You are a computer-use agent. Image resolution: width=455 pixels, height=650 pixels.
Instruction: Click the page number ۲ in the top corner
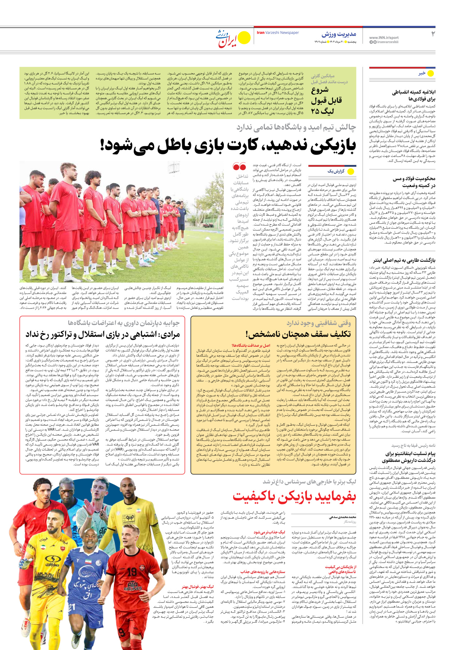pyautogui.click(x=432, y=34)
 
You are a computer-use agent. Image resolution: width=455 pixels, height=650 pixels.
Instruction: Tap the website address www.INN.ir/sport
pyautogui.click(x=384, y=38)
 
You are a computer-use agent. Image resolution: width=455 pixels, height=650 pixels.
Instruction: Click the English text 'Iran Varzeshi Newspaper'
pyautogui.click(x=278, y=33)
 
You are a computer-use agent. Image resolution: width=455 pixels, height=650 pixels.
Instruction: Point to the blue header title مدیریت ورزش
pyautogui.click(x=339, y=35)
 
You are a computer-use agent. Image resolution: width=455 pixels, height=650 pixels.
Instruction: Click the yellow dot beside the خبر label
pyautogui.click(x=431, y=73)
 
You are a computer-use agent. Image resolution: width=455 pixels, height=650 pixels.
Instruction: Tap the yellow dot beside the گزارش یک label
pyautogui.click(x=351, y=171)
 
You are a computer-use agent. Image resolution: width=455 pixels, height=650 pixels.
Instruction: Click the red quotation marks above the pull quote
pyautogui.click(x=240, y=167)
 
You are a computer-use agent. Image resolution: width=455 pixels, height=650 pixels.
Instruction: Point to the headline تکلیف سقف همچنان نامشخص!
pyautogui.click(x=298, y=334)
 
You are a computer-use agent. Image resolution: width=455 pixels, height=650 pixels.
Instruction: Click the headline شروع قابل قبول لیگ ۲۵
pyautogui.click(x=326, y=101)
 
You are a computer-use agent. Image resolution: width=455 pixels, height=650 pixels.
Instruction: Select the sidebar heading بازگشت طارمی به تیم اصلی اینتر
pyautogui.click(x=404, y=260)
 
